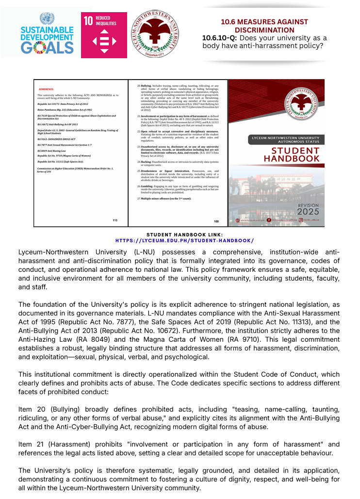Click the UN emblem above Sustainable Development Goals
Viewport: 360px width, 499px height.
coord(47,19)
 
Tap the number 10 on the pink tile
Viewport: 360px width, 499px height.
coord(88,21)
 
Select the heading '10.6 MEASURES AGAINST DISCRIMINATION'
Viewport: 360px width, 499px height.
coord(264,26)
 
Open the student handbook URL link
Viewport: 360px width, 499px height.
coord(184,240)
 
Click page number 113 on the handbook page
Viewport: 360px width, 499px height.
coord(115,220)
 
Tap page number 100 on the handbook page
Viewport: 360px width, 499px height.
coord(216,221)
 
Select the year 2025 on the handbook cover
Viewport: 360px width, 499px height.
coord(308,212)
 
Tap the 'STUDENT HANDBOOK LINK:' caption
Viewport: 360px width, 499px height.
coord(184,234)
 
